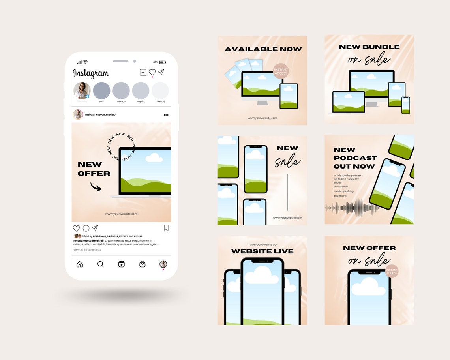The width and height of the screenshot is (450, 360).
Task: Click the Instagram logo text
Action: coord(90,73)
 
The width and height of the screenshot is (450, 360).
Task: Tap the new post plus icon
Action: coord(143,72)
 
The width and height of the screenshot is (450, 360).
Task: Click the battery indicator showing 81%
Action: coord(163,62)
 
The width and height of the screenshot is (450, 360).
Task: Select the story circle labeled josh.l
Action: coord(101,91)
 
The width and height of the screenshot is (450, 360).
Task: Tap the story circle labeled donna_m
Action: coord(121,91)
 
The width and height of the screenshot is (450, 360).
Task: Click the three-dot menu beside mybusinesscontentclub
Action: coord(166,115)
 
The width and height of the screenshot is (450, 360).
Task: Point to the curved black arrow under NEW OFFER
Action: coord(96,187)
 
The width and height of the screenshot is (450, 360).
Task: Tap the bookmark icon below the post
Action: coord(166,228)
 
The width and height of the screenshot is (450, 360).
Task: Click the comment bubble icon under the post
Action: coord(86,228)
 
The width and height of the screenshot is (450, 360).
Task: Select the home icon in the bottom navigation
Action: coord(80,264)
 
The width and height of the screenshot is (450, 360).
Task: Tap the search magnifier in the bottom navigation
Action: coord(101,264)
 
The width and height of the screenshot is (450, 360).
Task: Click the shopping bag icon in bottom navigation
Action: coord(142,264)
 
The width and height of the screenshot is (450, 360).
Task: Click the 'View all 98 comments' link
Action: coord(87,250)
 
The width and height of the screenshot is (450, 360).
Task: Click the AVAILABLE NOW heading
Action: coord(263,49)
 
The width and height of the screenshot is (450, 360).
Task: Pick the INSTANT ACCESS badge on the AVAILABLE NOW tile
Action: coord(281,71)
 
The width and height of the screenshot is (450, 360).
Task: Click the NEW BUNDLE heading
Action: coord(369,47)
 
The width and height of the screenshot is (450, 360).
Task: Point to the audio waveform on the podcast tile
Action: coord(349,208)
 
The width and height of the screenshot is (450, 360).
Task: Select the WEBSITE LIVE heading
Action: coord(262,251)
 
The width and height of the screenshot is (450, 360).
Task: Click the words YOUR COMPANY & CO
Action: coord(262,245)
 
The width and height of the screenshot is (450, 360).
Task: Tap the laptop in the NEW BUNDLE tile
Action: coord(349,103)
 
